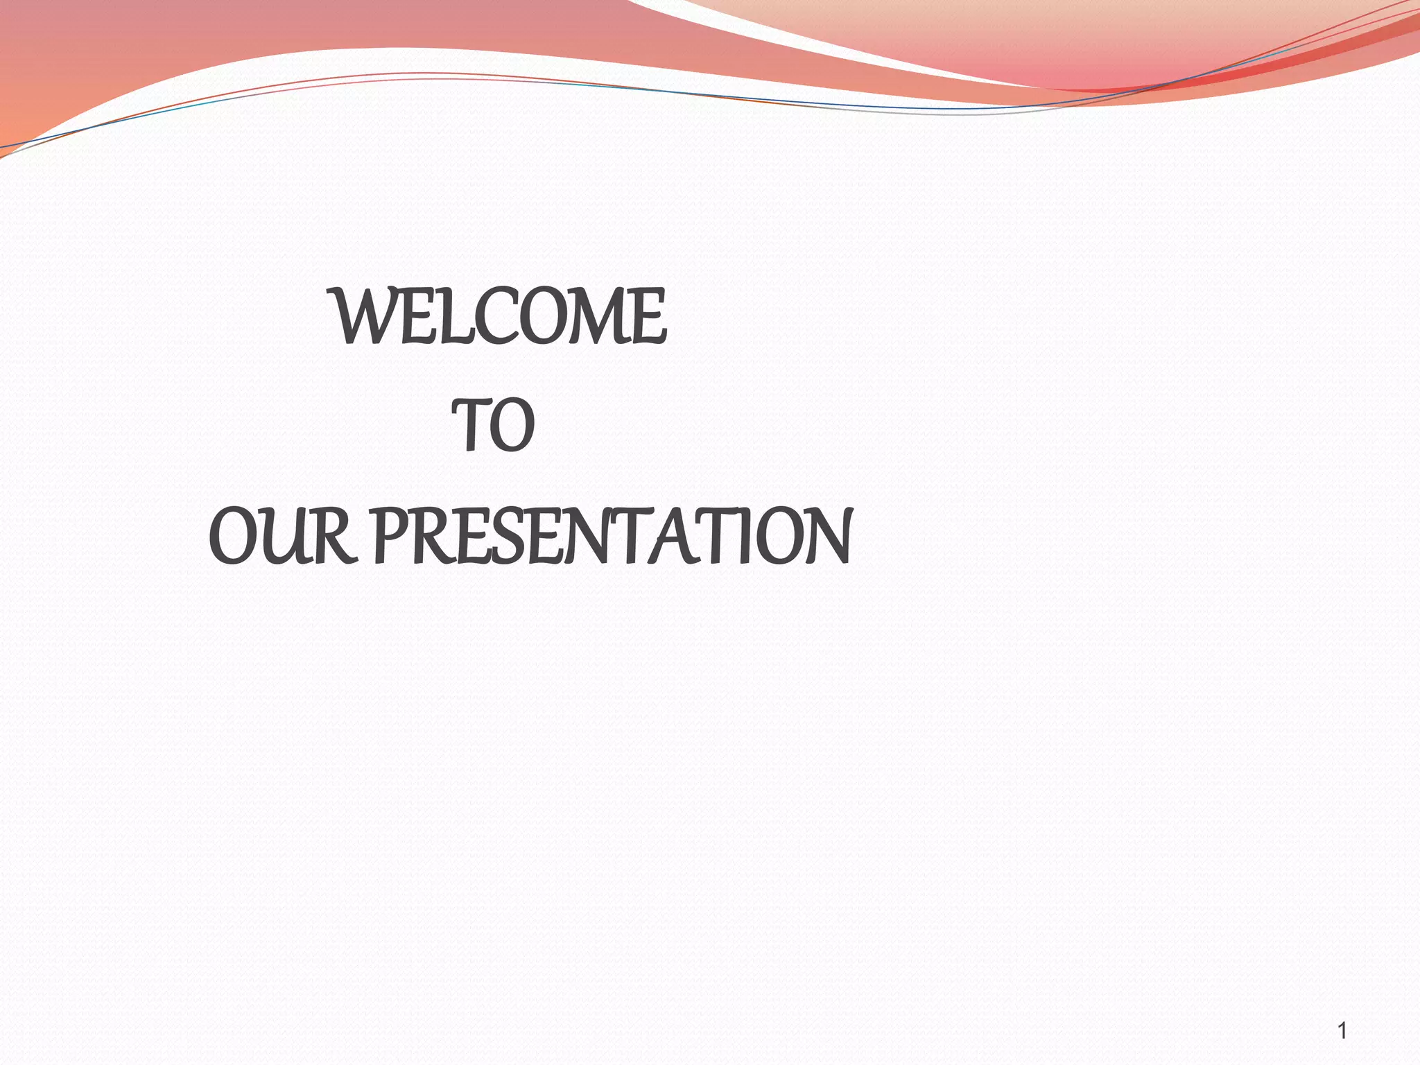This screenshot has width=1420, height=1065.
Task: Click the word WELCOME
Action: [499, 316]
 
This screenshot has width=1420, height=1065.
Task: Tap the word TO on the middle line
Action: [494, 426]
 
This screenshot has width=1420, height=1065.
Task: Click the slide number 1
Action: [1342, 1031]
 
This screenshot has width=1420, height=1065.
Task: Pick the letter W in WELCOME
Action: [367, 316]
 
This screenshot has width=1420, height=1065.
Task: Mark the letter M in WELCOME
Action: [594, 318]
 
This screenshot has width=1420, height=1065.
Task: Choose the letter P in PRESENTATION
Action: [392, 536]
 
